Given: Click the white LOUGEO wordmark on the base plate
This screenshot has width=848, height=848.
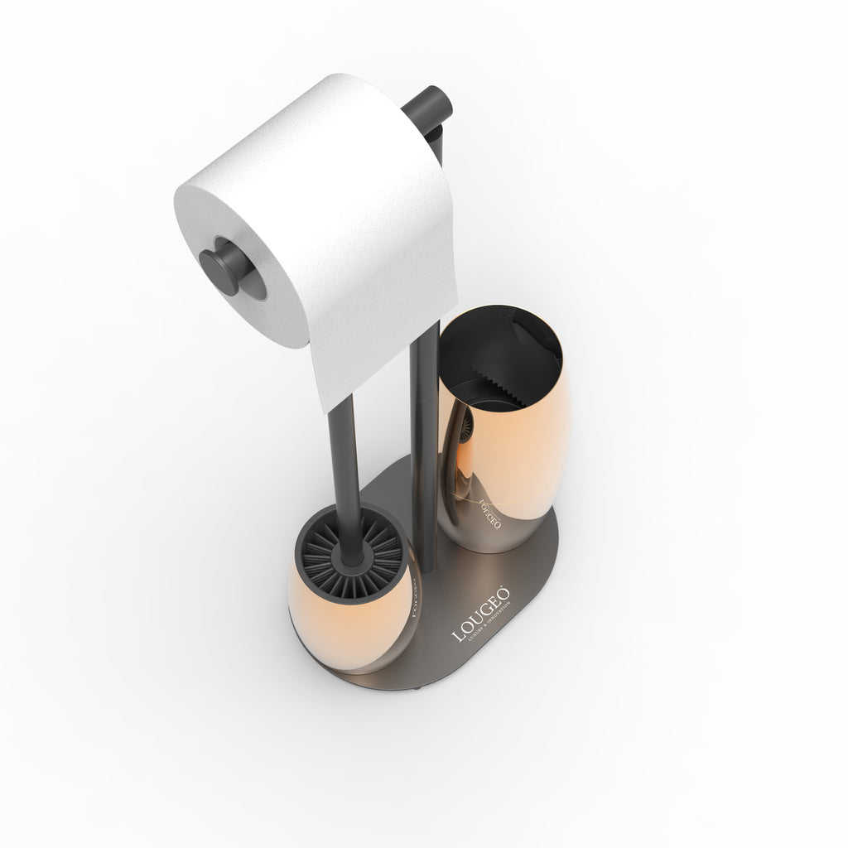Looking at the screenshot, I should (479, 614).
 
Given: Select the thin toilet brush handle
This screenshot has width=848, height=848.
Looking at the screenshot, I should (342, 464).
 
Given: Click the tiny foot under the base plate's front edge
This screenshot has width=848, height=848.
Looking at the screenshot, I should (422, 687).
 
